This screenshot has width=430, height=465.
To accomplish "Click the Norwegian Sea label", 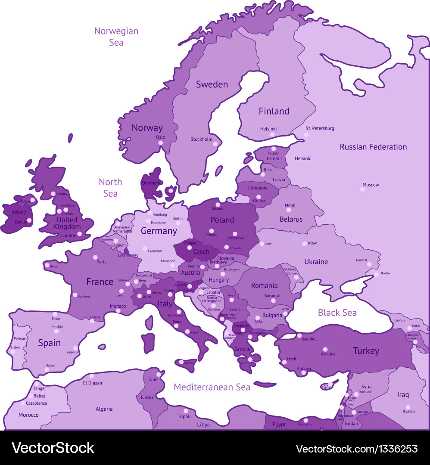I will (116, 37).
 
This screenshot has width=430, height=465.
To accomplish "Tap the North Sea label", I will (110, 188).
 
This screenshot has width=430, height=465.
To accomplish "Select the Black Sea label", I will (337, 313).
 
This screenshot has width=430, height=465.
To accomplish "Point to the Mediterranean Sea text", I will (212, 387).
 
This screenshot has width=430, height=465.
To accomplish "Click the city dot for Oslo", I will (160, 143).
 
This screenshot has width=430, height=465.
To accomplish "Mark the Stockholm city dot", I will (215, 144).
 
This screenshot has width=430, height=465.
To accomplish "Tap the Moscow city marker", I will (362, 189).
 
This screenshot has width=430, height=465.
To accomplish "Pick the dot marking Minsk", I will (289, 210).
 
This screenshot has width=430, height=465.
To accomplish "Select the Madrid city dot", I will (55, 332).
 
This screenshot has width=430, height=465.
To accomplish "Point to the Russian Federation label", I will (373, 147).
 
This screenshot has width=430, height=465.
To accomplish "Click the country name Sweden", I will (212, 84).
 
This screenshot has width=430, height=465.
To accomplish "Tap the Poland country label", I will (222, 220).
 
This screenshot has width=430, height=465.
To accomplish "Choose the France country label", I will (100, 282).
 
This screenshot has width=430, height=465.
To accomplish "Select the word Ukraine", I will (316, 262).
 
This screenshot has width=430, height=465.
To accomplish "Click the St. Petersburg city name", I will (320, 128).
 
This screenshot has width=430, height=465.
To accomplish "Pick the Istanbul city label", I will (309, 339).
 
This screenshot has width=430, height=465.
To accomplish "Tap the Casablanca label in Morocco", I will (36, 403).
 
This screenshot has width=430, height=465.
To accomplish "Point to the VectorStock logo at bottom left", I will (53, 448).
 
